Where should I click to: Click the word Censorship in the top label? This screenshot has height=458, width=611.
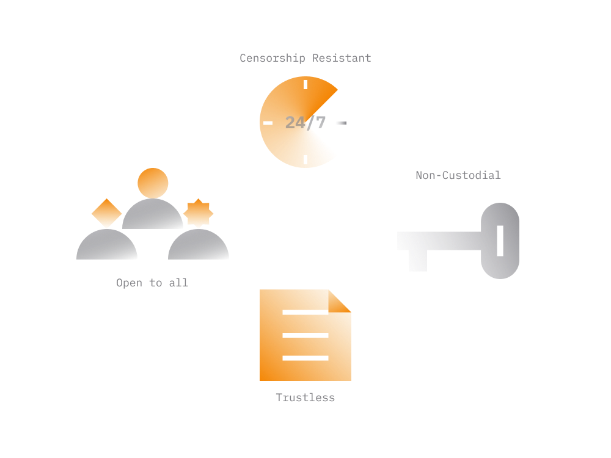pyautogui.click(x=273, y=58)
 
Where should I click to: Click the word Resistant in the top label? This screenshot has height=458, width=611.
pyautogui.click(x=342, y=58)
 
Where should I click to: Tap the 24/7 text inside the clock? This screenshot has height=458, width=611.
pyautogui.click(x=305, y=123)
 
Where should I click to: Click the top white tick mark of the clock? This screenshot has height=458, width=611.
pyautogui.click(x=305, y=84)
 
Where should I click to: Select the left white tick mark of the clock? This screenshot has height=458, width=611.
pyautogui.click(x=268, y=123)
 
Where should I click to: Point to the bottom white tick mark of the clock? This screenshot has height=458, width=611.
pyautogui.click(x=305, y=159)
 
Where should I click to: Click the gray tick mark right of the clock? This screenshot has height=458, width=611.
pyautogui.click(x=342, y=123)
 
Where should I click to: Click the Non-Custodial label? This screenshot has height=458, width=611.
pyautogui.click(x=458, y=175)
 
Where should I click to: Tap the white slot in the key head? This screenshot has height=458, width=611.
pyautogui.click(x=500, y=241)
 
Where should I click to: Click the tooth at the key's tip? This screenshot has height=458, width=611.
pyautogui.click(x=418, y=261)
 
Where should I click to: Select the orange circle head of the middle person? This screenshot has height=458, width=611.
pyautogui.click(x=153, y=183)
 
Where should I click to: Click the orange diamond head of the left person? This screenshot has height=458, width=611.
pyautogui.click(x=107, y=213)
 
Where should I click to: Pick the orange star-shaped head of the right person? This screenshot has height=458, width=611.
pyautogui.click(x=199, y=213)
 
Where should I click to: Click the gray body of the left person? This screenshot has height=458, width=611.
pyautogui.click(x=107, y=245)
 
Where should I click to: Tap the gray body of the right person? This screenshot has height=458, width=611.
pyautogui.click(x=199, y=245)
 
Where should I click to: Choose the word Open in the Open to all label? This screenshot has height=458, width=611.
pyautogui.click(x=130, y=283)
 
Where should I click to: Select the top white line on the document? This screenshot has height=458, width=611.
pyautogui.click(x=305, y=312)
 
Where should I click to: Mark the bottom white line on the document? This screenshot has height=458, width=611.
pyautogui.click(x=305, y=358)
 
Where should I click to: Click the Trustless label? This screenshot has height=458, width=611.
pyautogui.click(x=305, y=398)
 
